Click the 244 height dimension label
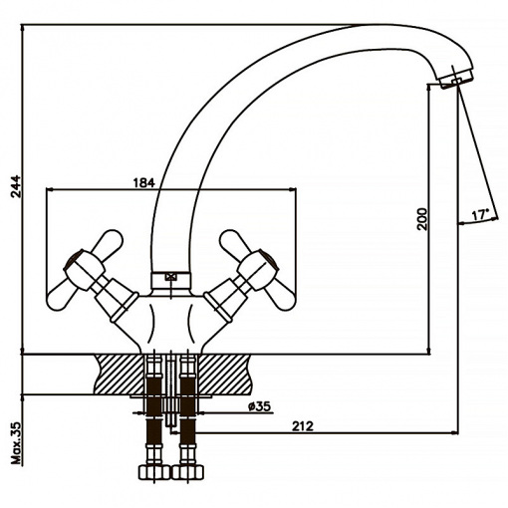15,186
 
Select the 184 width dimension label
144,183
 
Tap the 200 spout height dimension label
422,219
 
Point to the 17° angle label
480,215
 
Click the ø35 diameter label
259,406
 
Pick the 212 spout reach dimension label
303,426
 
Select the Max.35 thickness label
16,443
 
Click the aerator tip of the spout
455,79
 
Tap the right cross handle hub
258,268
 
